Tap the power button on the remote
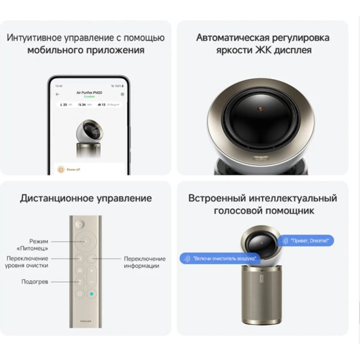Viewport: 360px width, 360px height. [x=80, y=224]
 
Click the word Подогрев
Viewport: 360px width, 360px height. [x=35, y=281]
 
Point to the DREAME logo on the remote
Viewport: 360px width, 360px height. [x=86, y=318]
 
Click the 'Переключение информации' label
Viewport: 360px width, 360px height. [x=145, y=262]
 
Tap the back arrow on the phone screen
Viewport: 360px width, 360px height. [x=58, y=94]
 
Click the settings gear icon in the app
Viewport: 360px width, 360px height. [x=122, y=94]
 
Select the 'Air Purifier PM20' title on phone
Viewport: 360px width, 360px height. [x=90, y=93]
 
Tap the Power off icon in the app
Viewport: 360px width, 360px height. [x=62, y=169]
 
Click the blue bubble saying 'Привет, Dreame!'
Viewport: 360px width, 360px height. [x=307, y=240]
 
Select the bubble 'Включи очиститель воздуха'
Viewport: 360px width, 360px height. [x=220, y=259]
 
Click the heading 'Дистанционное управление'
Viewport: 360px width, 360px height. [x=86, y=199]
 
